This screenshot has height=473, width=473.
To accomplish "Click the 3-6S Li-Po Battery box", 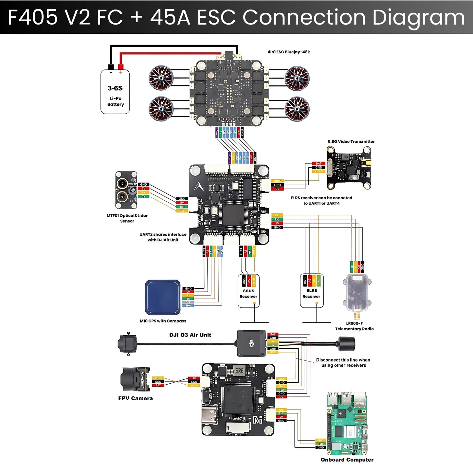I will click(115, 92).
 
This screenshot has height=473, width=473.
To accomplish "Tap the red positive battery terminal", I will click(120, 67).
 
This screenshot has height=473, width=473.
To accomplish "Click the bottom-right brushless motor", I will click(297, 109).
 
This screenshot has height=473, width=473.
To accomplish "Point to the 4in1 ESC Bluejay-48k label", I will click(289, 52).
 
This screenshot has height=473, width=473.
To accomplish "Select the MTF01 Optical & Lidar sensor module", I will click(126, 190).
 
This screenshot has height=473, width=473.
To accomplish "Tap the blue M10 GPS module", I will click(163, 297).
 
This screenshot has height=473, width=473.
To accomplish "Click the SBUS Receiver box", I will click(248, 291).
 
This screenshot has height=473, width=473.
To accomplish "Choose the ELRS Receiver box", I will click(312, 291).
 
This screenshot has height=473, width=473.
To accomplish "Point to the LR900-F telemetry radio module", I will click(357, 293).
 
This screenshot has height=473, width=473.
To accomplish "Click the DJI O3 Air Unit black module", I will click(251, 343).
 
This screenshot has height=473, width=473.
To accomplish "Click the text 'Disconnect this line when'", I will click(343, 360).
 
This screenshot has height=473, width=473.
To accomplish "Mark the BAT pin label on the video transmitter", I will click(318, 163).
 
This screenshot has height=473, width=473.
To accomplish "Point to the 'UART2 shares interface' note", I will click(163, 234).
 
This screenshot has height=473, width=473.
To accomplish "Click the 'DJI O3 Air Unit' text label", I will click(190, 335).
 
